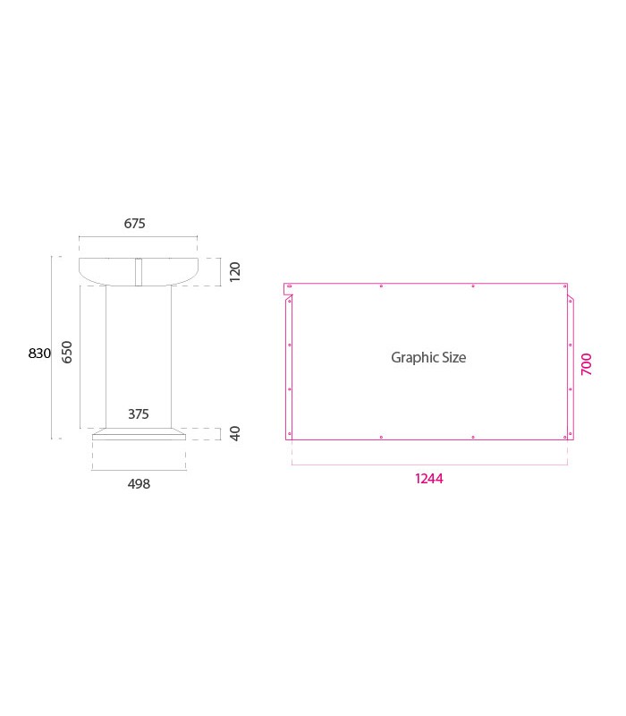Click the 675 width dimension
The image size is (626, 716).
135,223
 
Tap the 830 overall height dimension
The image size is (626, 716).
39,353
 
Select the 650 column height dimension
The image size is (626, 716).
67,352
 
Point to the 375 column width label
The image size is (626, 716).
139,413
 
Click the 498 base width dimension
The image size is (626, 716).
139,483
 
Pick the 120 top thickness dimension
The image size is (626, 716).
234,272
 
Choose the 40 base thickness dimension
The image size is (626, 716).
234,433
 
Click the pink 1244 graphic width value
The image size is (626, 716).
429,479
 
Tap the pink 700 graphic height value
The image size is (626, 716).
587,364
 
